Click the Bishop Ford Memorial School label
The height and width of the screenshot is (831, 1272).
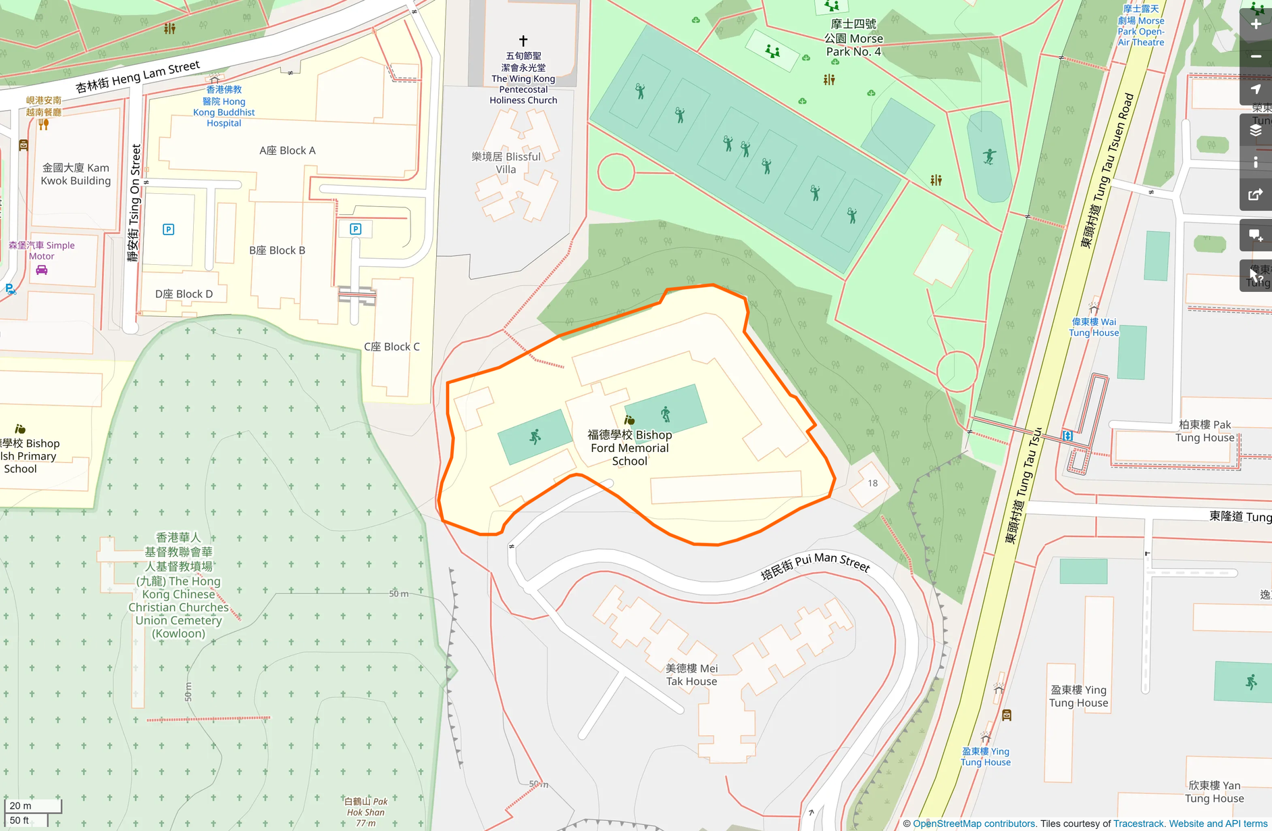(x=629, y=448)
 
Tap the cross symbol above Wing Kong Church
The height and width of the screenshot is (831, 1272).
(x=523, y=41)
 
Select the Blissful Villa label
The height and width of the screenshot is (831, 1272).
(x=506, y=163)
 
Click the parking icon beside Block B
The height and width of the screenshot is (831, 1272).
(x=356, y=229)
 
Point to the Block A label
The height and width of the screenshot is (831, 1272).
(x=288, y=151)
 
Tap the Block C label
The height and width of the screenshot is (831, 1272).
(x=392, y=347)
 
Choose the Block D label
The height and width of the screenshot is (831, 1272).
(x=184, y=294)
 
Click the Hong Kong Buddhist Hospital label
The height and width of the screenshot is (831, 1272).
(x=223, y=106)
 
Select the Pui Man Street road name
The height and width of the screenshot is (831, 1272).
(x=815, y=565)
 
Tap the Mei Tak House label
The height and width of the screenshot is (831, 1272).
(x=691, y=674)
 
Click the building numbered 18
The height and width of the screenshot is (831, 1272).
(x=872, y=483)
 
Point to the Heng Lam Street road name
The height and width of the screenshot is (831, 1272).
(x=138, y=76)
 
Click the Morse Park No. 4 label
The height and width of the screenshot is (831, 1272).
(x=853, y=38)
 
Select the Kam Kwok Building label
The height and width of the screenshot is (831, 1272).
(x=76, y=174)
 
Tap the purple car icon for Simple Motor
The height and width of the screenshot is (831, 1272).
(x=41, y=270)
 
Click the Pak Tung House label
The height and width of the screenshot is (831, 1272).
(x=1204, y=431)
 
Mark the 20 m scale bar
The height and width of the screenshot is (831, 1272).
(x=33, y=806)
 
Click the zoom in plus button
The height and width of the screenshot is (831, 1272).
(x=1255, y=24)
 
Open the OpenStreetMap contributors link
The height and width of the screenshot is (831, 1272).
(x=974, y=824)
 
